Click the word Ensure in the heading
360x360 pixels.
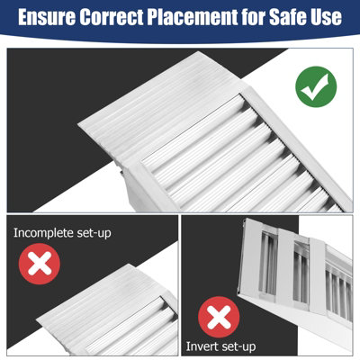point(47,17)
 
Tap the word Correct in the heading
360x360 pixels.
point(111,17)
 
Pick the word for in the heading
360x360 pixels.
point(252,17)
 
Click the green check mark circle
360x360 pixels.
point(316,86)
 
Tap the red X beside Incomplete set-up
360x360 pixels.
point(40,264)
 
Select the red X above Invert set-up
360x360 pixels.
point(219,317)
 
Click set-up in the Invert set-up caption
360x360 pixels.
point(236,346)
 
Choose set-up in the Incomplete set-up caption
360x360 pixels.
point(94,234)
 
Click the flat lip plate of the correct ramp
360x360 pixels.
point(156,108)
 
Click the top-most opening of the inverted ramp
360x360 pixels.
point(268,263)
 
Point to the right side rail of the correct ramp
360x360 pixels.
point(297,147)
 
